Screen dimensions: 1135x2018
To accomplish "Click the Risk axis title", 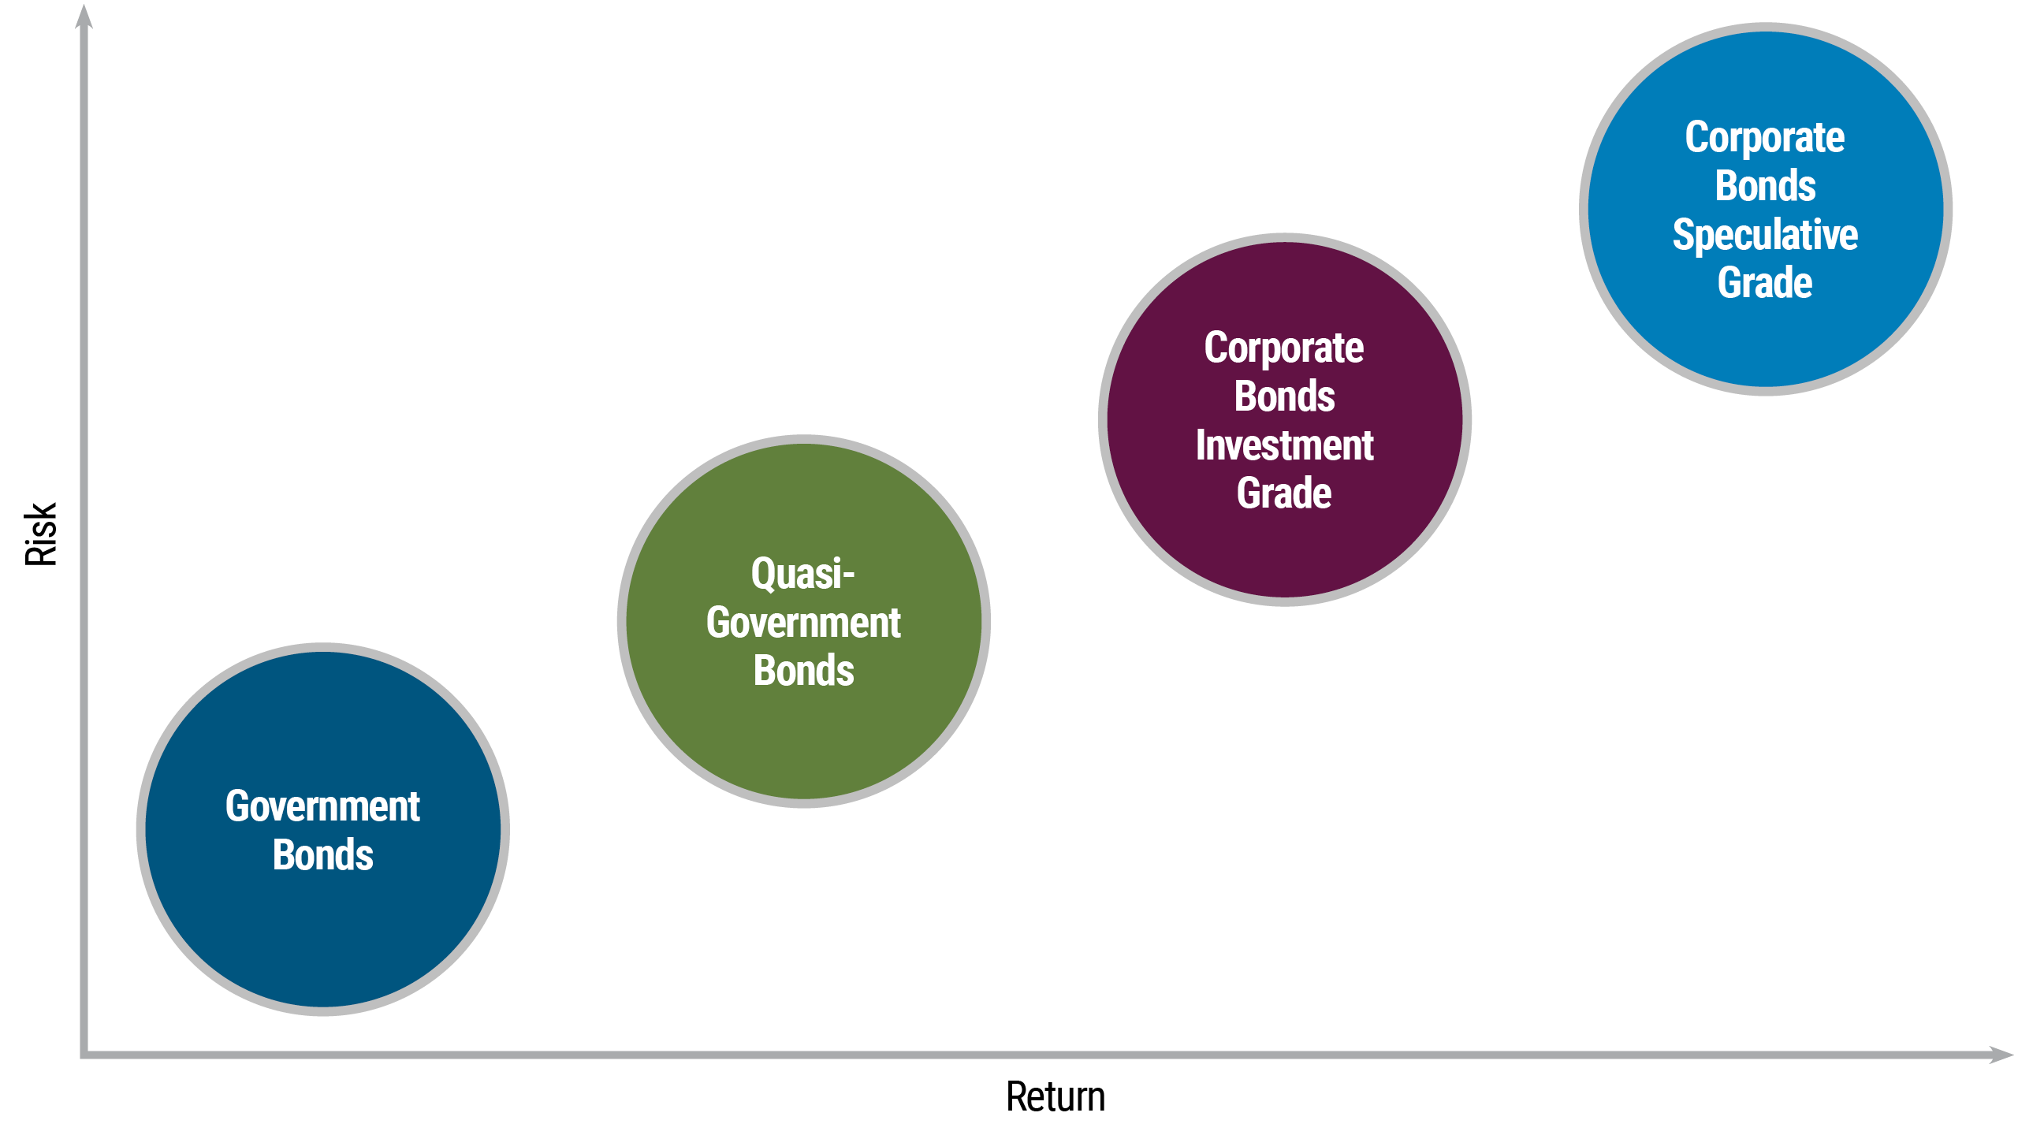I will click(x=41, y=534).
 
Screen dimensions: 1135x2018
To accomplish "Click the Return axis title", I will click(x=1056, y=1097).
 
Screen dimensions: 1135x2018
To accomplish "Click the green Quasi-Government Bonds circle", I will click(x=803, y=741).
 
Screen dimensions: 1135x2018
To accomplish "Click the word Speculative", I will click(x=1765, y=235).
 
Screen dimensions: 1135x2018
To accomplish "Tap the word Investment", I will click(x=1284, y=445).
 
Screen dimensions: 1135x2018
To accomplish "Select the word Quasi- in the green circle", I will click(x=802, y=574).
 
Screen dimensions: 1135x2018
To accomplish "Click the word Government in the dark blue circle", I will click(x=322, y=806).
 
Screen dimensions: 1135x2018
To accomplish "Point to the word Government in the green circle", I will click(x=803, y=623).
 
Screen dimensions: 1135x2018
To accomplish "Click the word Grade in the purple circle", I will click(x=1284, y=493).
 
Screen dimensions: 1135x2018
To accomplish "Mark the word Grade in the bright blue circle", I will click(x=1765, y=283).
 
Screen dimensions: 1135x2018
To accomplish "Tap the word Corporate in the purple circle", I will click(x=1284, y=348).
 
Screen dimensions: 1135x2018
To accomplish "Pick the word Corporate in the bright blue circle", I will click(x=1765, y=138).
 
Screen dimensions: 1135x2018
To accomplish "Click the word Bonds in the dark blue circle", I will click(x=322, y=855).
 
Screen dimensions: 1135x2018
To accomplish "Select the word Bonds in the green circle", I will click(x=803, y=671).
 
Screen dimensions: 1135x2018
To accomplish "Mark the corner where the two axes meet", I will click(x=84, y=1055).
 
